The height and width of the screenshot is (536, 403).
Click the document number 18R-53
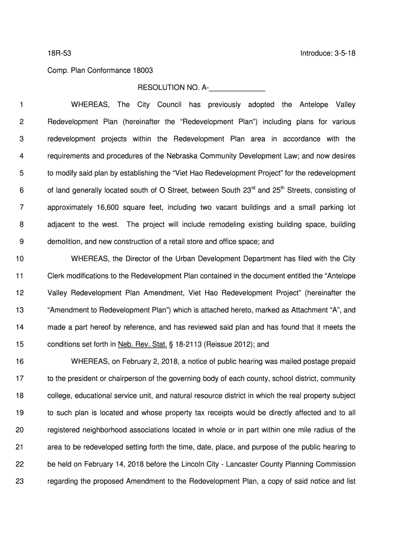58,53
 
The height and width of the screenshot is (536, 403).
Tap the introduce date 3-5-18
342,53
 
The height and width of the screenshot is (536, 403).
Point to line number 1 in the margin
21,105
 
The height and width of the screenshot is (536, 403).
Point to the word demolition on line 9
65,242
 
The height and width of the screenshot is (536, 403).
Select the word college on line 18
60,396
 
